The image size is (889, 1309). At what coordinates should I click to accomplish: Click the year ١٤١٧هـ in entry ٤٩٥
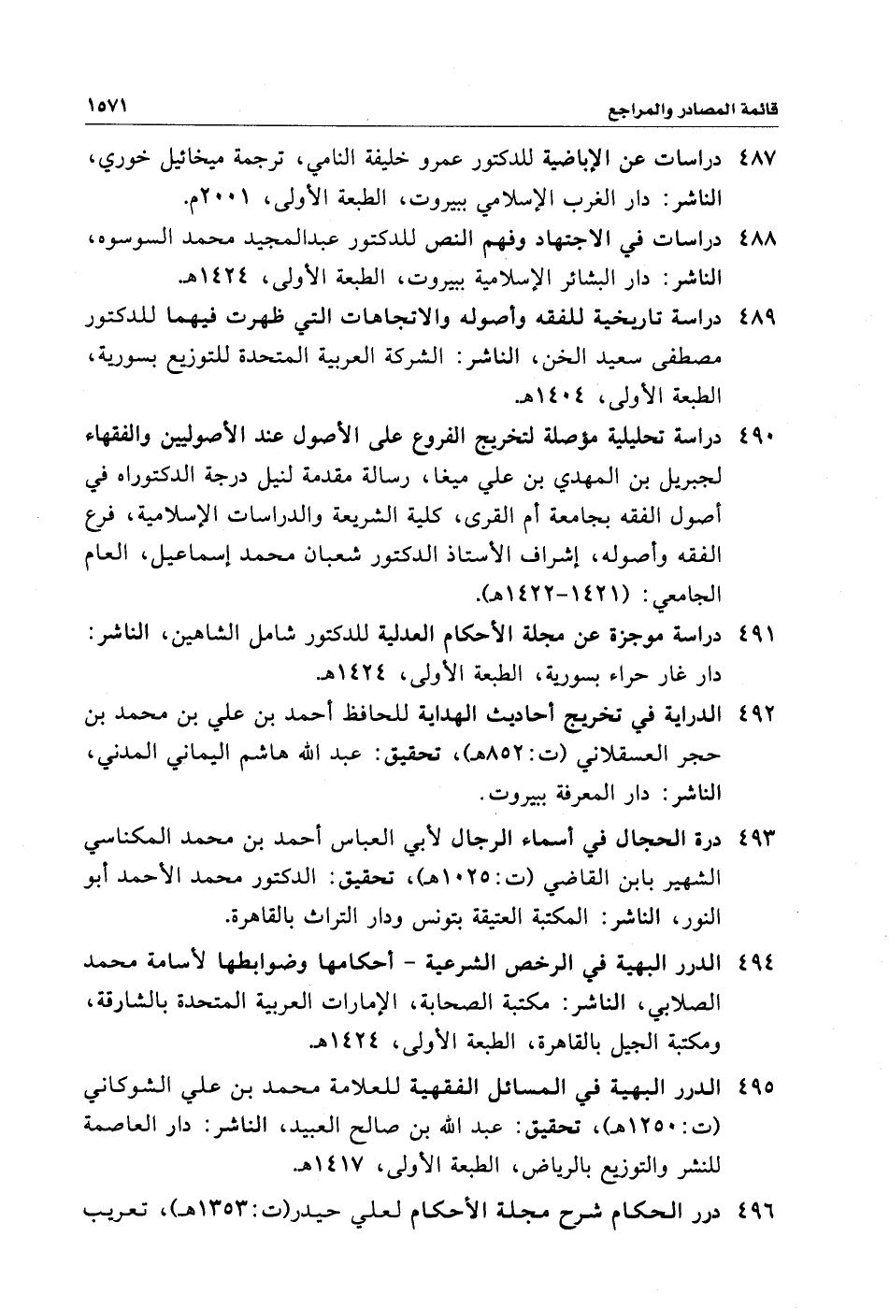click(x=339, y=1168)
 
